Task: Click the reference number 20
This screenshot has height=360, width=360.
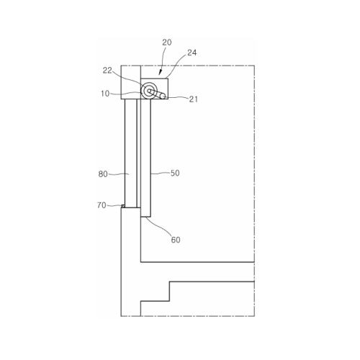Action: point(167,42)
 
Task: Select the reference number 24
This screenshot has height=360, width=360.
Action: point(192,53)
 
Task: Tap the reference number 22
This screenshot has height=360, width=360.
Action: point(107,71)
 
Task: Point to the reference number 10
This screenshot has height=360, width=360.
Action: point(105,94)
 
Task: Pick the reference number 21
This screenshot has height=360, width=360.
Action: point(194,99)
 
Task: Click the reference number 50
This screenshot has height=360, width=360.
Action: point(175,173)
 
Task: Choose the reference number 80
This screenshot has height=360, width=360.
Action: point(103,174)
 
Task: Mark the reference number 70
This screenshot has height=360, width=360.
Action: point(102,205)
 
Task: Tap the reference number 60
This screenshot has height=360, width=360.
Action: point(176,240)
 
